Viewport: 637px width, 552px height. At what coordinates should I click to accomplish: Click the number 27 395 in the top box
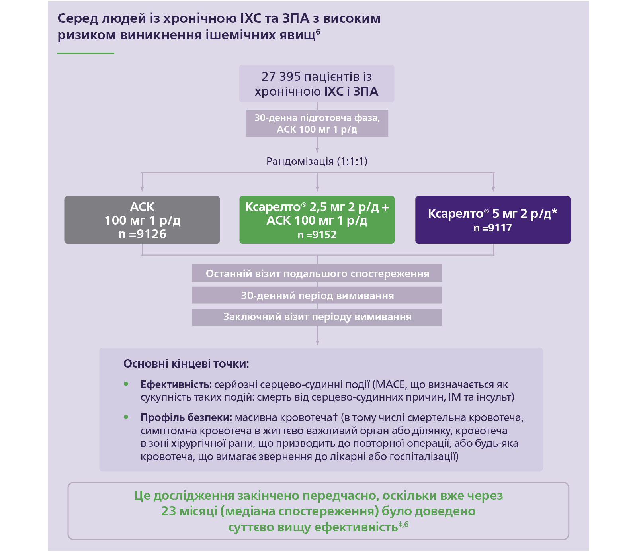tap(280, 76)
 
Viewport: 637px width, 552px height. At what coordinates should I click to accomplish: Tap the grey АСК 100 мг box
tap(142, 219)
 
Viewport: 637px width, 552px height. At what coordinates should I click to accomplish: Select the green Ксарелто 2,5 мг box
tap(317, 219)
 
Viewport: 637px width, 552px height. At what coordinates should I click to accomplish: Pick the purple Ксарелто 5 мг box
tap(492, 219)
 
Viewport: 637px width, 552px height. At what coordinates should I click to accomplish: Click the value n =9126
tap(142, 234)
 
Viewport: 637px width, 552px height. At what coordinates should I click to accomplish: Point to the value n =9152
tap(317, 235)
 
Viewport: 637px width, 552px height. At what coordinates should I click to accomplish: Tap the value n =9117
tap(492, 228)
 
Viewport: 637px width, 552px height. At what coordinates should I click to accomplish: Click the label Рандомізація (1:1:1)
tap(317, 161)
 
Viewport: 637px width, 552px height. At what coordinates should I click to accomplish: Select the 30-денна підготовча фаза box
tap(317, 123)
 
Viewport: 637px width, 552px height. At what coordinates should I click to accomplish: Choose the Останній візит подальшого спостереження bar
tap(317, 274)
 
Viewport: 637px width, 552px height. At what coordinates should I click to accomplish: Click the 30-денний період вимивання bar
tap(317, 296)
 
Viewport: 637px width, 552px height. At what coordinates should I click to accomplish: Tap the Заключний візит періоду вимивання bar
tap(317, 317)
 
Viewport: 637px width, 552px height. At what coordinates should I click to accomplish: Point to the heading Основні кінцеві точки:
tap(186, 364)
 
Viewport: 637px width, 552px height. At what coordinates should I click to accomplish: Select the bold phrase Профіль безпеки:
tap(186, 418)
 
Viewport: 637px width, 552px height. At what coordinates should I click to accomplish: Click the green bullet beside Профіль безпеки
tap(126, 417)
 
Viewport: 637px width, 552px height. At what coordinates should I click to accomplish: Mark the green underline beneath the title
tap(86, 53)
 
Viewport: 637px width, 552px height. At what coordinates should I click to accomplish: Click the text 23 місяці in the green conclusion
tap(189, 511)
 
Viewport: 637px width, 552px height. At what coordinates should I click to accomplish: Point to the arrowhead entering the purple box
tap(493, 189)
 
